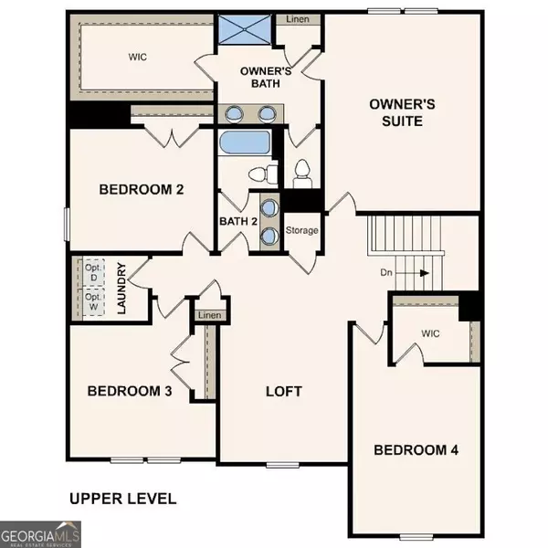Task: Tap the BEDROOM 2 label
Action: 142,190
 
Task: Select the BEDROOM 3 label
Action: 130,391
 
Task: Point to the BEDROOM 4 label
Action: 416,449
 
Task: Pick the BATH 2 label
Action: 237,221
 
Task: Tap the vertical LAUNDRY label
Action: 122,289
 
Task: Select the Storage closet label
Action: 302,230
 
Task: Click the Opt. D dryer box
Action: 92,271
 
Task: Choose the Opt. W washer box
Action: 92,301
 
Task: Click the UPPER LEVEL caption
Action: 123,499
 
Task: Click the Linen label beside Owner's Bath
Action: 296,18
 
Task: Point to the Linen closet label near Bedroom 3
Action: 209,315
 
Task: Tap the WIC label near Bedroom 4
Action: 430,333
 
